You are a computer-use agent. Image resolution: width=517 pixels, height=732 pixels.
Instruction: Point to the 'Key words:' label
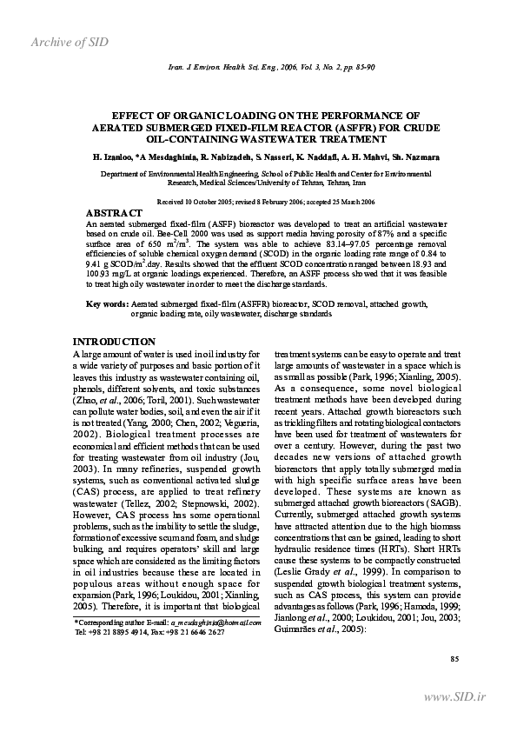pyautogui.click(x=106, y=304)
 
